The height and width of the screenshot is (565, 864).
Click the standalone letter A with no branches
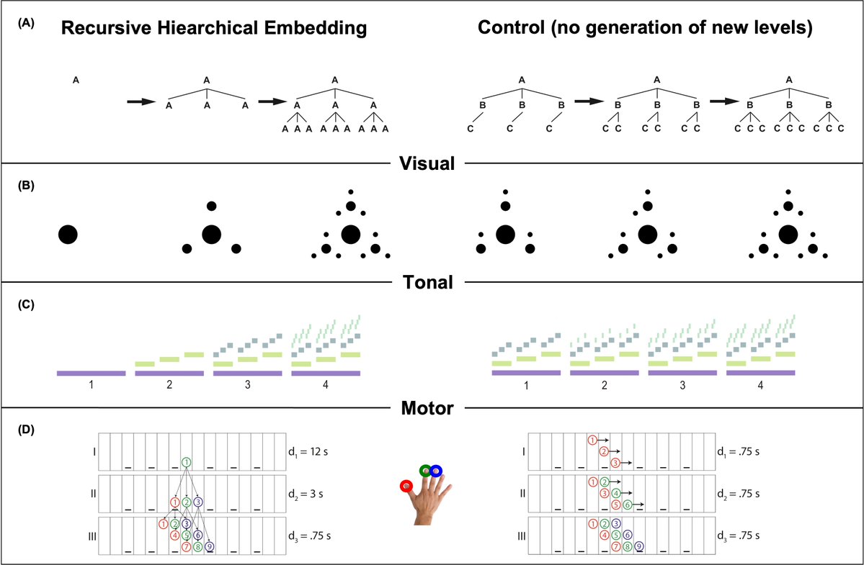point(76,81)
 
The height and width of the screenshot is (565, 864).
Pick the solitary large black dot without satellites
point(68,234)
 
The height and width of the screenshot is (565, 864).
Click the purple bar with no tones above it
point(92,373)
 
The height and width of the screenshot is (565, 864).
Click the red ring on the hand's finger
point(408,486)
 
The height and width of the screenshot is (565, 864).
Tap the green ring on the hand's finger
point(427,471)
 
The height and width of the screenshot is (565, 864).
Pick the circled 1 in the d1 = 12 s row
point(187,462)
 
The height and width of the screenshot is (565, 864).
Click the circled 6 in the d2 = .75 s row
point(628,505)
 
